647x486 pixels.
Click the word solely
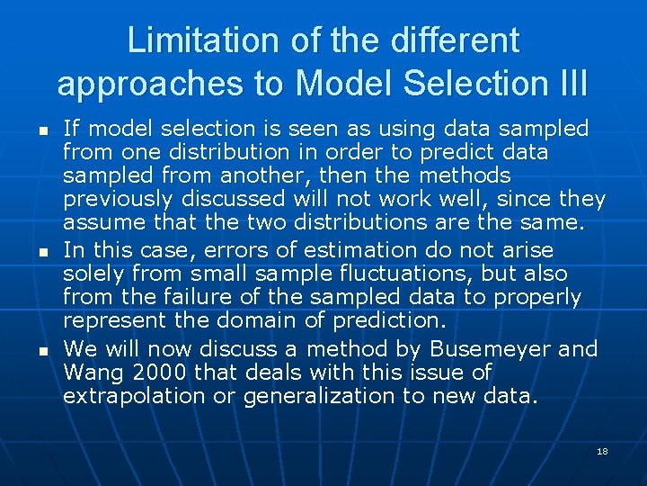93,274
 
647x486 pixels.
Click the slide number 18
602,450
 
